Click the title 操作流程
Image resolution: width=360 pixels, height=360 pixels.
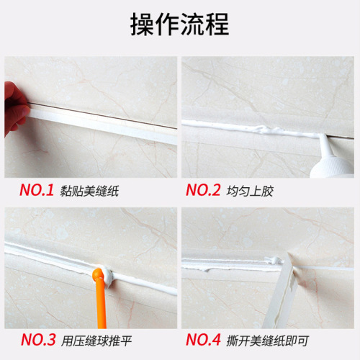pyautogui.click(x=179, y=24)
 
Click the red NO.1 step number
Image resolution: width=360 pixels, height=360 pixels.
pyautogui.click(x=37, y=191)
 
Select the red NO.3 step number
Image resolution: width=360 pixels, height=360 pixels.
pyautogui.click(x=37, y=338)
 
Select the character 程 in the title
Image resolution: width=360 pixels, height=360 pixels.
pyautogui.click(x=217, y=24)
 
